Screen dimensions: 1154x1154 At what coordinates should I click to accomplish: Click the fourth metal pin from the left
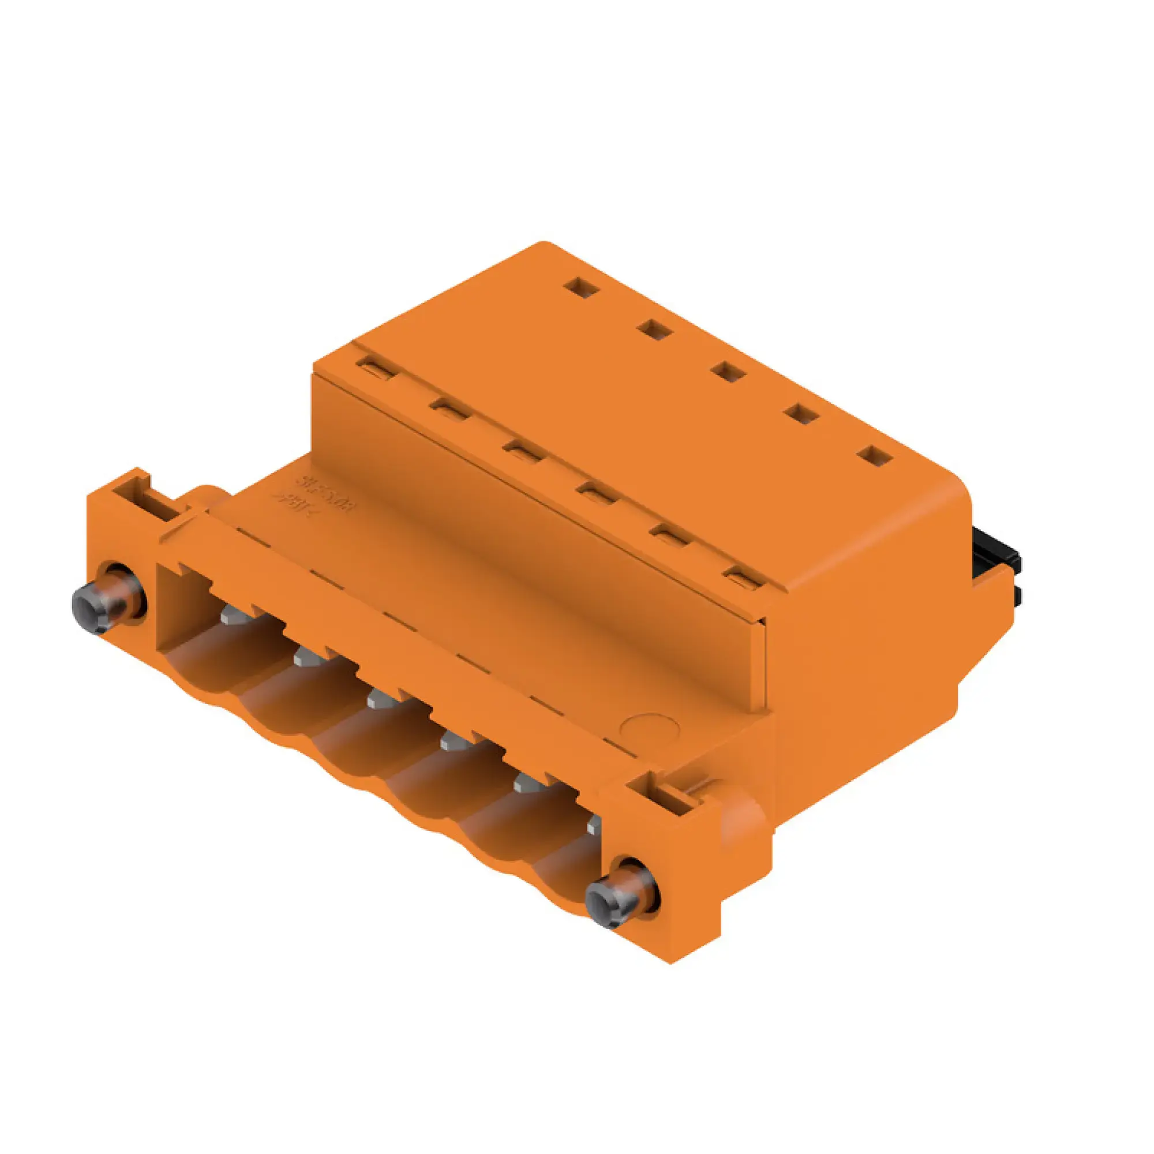456,742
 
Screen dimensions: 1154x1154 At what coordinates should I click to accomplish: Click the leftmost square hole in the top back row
582,288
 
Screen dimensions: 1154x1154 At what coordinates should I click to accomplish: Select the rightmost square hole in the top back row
875,457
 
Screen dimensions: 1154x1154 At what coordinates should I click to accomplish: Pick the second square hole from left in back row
656,329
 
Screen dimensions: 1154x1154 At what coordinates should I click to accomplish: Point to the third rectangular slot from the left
522,452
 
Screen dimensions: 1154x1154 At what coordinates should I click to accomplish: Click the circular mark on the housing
650,728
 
